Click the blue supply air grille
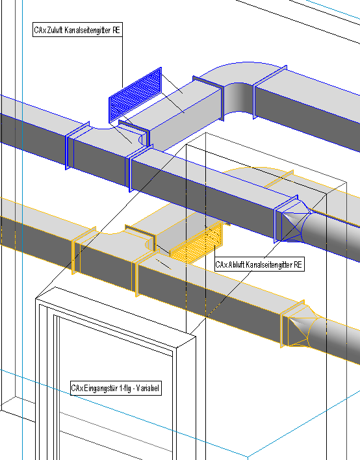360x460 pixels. pyautogui.click(x=135, y=96)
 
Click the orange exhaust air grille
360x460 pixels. pyautogui.click(x=196, y=243)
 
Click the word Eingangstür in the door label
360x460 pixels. pyautogui.click(x=101, y=388)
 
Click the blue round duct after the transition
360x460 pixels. pyautogui.click(x=331, y=235)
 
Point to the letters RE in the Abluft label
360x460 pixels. pyautogui.click(x=298, y=264)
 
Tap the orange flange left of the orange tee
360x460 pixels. pyautogui.click(x=76, y=251)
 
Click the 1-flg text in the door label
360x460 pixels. pyautogui.click(x=125, y=388)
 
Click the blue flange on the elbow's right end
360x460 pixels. pyautogui.click(x=270, y=92)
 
